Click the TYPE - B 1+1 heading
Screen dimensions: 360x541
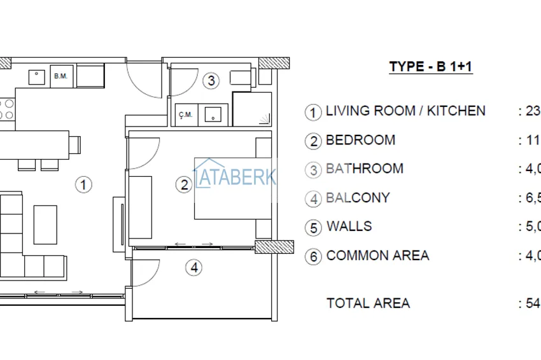pos(431,67)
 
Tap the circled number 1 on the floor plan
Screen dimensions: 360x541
pos(83,185)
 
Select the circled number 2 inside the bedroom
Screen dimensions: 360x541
pos(184,185)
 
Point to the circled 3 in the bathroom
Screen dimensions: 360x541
pos(211,81)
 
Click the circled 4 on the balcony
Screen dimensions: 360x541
pos(194,268)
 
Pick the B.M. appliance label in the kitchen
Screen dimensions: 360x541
pos(60,76)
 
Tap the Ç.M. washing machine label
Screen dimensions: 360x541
pos(186,114)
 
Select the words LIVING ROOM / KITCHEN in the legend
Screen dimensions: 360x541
pos(405,111)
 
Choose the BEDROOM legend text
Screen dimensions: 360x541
pos(360,140)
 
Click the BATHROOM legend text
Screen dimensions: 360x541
pos(364,169)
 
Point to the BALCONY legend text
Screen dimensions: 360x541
pos(358,198)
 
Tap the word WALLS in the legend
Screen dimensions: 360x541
pos(349,226)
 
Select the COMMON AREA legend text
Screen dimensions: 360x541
pos(377,256)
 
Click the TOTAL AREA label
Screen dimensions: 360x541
pos(368,303)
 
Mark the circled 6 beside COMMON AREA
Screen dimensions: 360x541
pos(313,257)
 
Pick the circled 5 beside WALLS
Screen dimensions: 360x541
pos(313,228)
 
